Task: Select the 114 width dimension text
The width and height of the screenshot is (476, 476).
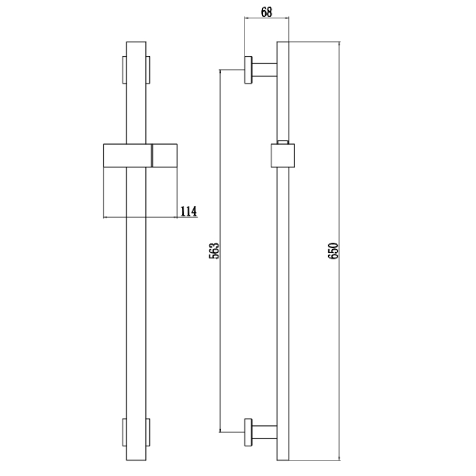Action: coord(188,211)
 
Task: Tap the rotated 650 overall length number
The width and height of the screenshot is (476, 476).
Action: coord(333,250)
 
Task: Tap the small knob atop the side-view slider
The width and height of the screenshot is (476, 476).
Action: coord(283,142)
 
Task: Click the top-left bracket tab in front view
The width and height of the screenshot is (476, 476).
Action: coord(124,70)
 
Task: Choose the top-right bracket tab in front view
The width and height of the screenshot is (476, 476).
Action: coord(149,70)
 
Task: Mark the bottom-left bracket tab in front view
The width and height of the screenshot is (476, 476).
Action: coord(124,431)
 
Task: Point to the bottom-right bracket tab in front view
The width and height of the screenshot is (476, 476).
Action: coord(149,431)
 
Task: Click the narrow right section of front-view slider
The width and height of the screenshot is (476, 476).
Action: coord(164,156)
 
